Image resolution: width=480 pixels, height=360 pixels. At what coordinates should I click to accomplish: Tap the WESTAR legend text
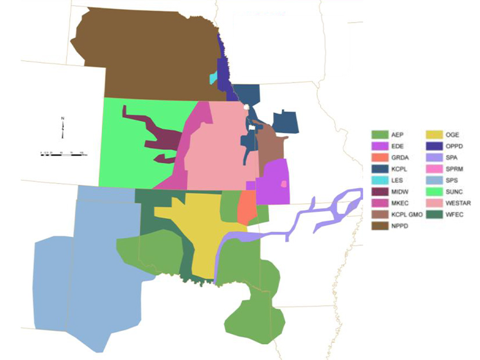tap(460, 203)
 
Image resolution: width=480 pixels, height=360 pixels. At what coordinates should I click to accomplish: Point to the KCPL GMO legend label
tap(404, 215)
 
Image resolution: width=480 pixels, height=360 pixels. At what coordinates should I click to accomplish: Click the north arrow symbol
tap(62, 128)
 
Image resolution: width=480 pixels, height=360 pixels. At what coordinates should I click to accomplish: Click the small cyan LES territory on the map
tap(214, 78)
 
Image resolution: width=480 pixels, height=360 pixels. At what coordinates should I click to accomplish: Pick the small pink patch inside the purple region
tap(284, 184)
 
